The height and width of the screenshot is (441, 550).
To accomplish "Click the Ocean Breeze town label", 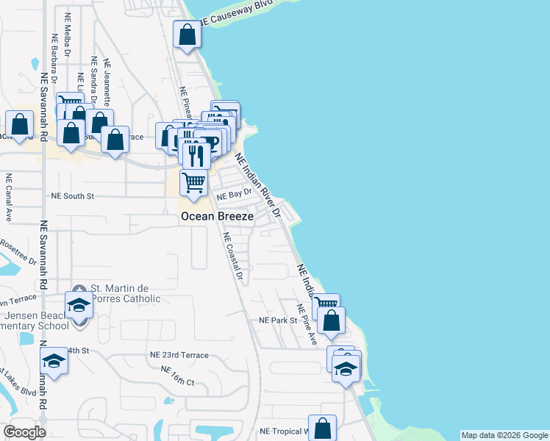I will [218, 217].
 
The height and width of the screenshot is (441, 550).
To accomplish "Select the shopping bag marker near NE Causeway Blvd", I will [187, 35].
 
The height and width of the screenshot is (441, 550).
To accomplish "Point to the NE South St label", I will [73, 196].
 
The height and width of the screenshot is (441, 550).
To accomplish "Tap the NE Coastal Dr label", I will [232, 257].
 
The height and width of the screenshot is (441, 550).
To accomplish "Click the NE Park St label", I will [277, 320].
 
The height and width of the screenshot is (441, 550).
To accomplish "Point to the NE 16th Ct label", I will [177, 376].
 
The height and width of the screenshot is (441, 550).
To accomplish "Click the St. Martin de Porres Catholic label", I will [125, 293].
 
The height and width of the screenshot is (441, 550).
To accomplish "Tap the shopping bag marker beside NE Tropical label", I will [322, 428].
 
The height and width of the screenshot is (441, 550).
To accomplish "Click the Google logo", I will [24, 432].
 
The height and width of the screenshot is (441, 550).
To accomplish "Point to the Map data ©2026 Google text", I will [504, 435].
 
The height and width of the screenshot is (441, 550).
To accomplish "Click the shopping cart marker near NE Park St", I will [326, 305].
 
